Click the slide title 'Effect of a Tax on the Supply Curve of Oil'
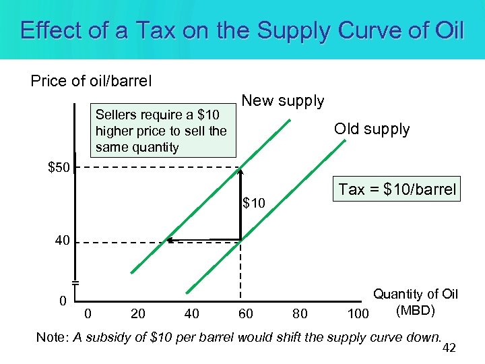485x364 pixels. click(242, 30)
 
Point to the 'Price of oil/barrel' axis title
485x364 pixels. click(91, 82)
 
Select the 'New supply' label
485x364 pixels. click(282, 101)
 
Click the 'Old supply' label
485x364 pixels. click(372, 129)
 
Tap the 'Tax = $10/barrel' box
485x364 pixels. click(397, 189)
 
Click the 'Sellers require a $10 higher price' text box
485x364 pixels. click(162, 131)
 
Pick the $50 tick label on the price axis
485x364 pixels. click(59, 167)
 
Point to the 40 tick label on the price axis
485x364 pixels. click(62, 241)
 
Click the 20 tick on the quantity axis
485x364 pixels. click(138, 313)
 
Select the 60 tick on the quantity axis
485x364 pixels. click(246, 313)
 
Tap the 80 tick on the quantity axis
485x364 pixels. click(300, 313)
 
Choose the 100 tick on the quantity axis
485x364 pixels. click(357, 313)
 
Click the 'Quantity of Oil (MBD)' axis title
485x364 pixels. click(416, 302)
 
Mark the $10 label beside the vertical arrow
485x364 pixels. click(255, 203)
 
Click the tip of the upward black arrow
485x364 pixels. click(240, 169)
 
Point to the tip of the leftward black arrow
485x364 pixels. click(168, 239)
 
